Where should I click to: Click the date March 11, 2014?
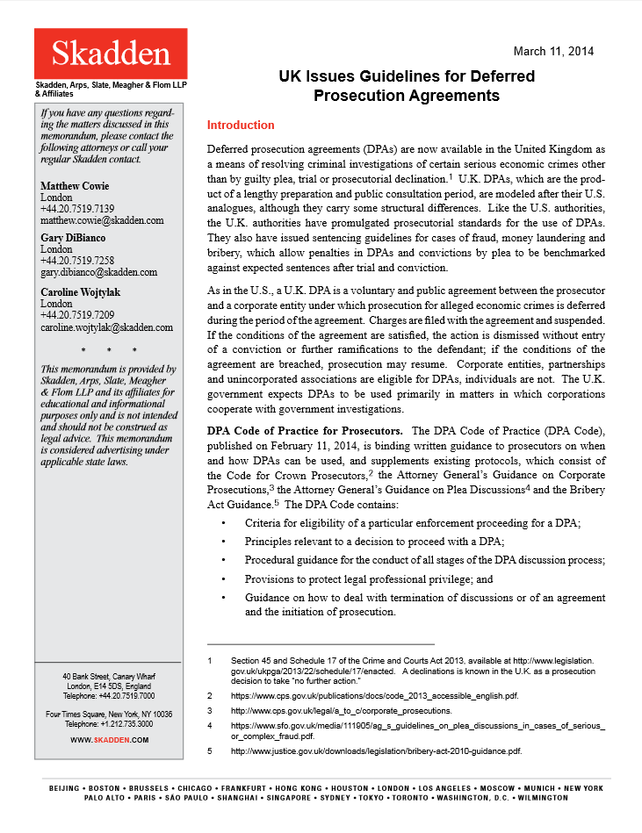tap(553, 51)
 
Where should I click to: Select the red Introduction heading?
tap(240, 126)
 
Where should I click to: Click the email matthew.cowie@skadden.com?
tap(102, 220)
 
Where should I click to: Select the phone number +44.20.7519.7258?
tap(77, 261)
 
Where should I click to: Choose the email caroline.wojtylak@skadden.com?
tap(106, 327)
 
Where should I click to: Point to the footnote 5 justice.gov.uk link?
tap(376, 751)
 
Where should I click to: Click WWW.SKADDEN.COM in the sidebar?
tap(110, 740)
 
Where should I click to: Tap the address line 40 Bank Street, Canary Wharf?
tap(109, 677)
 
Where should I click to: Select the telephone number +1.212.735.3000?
tap(109, 724)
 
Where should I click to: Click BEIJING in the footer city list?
tap(69, 787)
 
